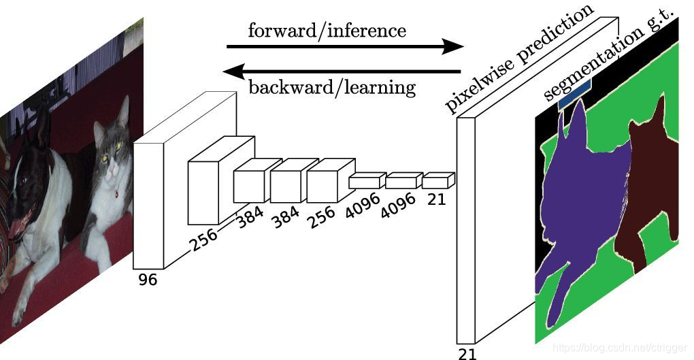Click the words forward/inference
pyautogui.click(x=327, y=31)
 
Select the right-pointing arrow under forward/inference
pyautogui.click(x=344, y=47)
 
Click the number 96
pyautogui.click(x=147, y=279)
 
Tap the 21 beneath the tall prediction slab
pyautogui.click(x=467, y=353)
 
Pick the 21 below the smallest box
pyautogui.click(x=437, y=199)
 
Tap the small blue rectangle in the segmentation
pyautogui.click(x=576, y=95)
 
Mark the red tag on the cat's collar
pyautogui.click(x=116, y=193)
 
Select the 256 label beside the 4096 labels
pyautogui.click(x=321, y=212)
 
